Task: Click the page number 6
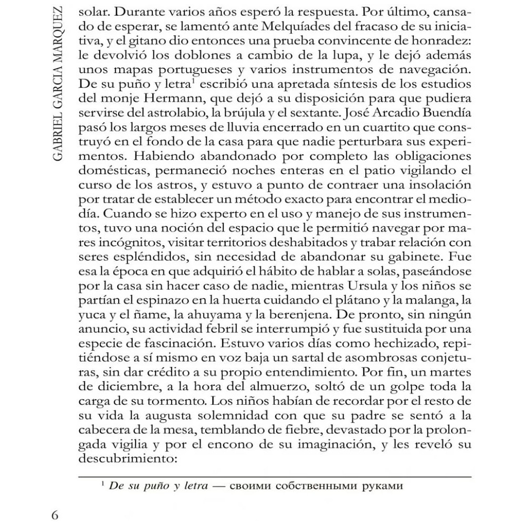56,512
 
